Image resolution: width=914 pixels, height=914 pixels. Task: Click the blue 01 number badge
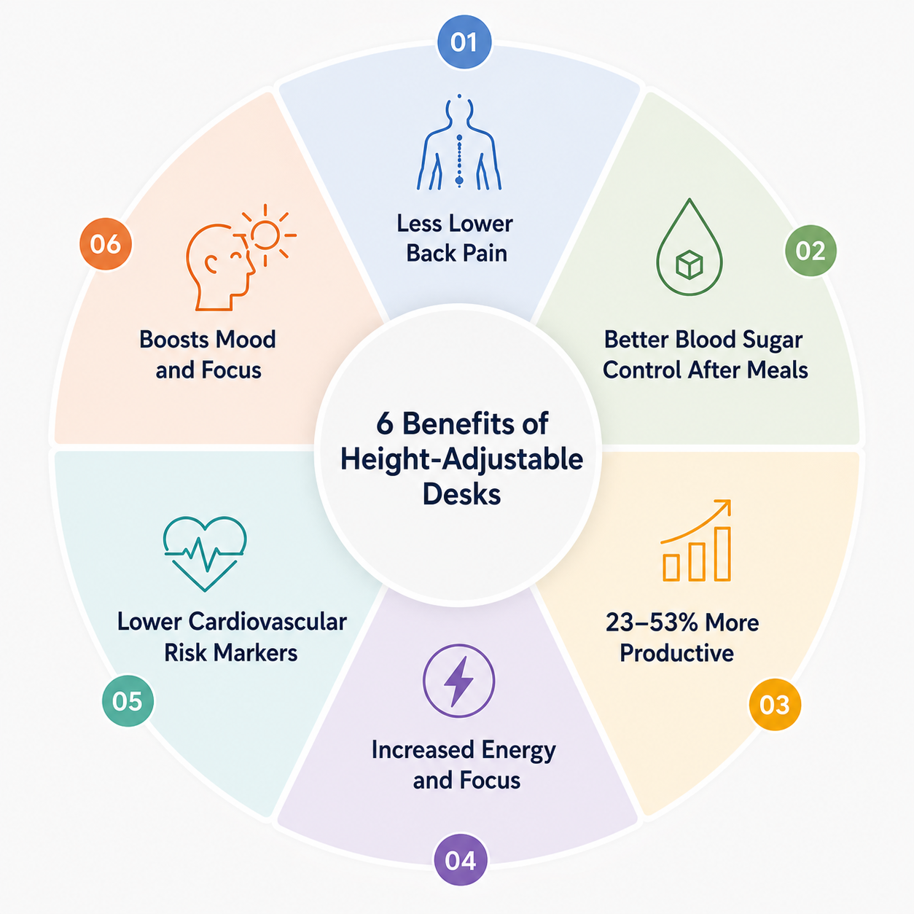coord(464,42)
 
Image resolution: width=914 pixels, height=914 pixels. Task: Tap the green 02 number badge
coord(810,251)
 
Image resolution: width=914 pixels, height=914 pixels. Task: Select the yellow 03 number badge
coord(775,704)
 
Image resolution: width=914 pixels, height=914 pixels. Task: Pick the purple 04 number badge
coord(461,860)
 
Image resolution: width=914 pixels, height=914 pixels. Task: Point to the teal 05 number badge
coord(128,700)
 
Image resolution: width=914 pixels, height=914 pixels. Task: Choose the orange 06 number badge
coord(105,243)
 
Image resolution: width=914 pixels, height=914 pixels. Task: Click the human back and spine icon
coord(458,142)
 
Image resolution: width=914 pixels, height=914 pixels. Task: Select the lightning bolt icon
coord(458,681)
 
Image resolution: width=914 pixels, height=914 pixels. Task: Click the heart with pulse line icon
coord(205,553)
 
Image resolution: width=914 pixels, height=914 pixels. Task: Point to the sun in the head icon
coord(265,235)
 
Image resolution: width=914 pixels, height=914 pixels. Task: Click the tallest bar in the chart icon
coord(722,553)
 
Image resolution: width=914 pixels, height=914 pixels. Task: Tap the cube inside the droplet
coord(690,265)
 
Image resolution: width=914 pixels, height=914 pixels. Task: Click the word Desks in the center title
coord(461,494)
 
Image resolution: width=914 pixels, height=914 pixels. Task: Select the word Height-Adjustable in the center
coord(461,459)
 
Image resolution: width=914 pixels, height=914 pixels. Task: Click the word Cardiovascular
coord(267,621)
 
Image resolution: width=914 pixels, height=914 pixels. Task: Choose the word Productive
coord(677,653)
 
